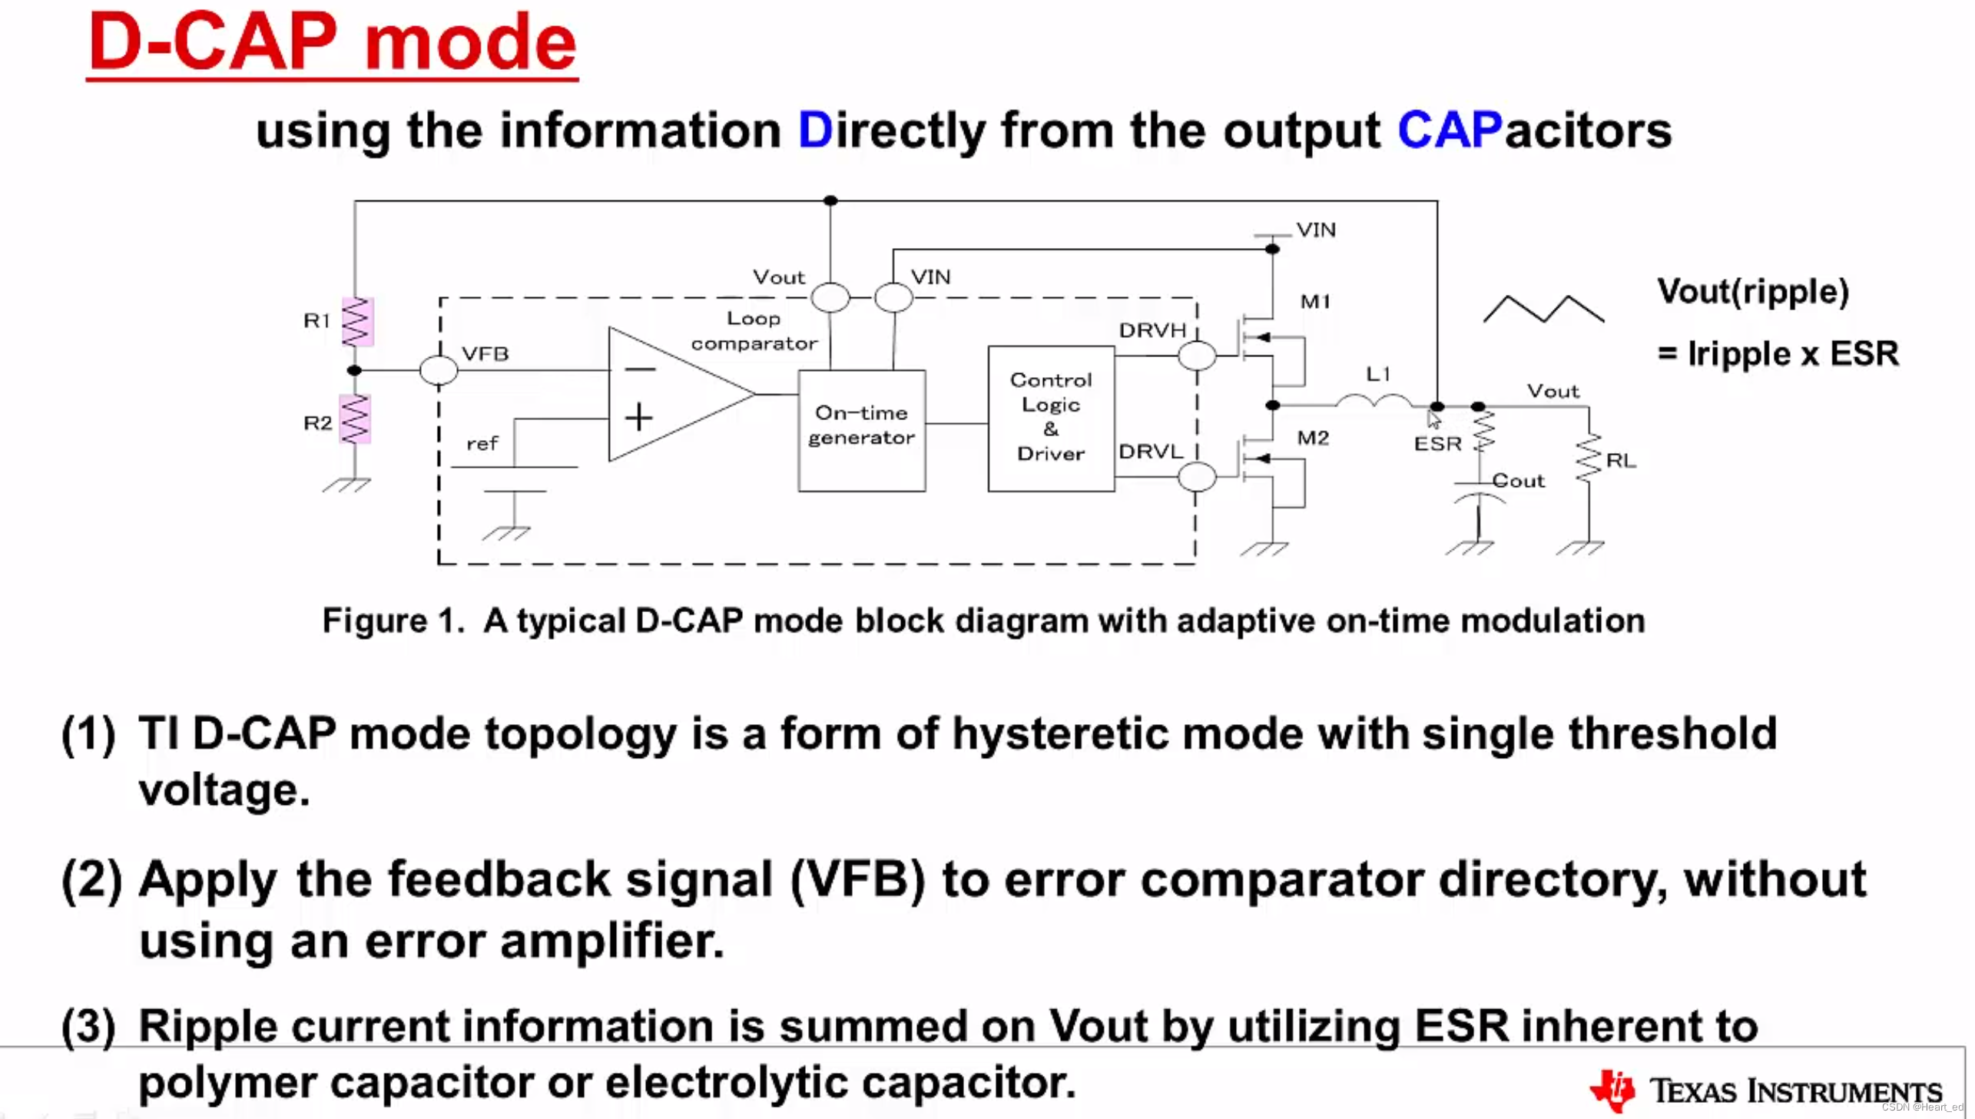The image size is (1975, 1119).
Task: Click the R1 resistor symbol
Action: [x=356, y=322]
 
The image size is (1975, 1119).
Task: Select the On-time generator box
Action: [x=861, y=429]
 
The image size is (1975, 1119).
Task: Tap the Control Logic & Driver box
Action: [x=1051, y=418]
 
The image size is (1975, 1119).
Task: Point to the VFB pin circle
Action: [x=439, y=370]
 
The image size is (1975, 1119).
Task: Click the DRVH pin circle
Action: [x=1197, y=356]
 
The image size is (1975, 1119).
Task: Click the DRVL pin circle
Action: [x=1197, y=477]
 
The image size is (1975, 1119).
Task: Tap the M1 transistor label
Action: [x=1315, y=302]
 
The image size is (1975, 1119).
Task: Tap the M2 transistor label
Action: [x=1313, y=438]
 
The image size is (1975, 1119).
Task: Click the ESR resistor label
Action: [x=1437, y=444]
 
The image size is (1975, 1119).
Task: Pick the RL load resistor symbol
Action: [x=1589, y=459]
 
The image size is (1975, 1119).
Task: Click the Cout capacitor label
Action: [x=1518, y=481]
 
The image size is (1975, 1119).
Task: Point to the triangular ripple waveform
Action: [x=1543, y=309]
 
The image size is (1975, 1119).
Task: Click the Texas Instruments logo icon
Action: [x=1612, y=1089]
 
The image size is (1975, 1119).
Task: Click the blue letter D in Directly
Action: [x=814, y=131]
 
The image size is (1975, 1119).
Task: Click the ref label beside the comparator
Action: [x=482, y=444]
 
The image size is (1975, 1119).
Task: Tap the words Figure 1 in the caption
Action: [x=393, y=621]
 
